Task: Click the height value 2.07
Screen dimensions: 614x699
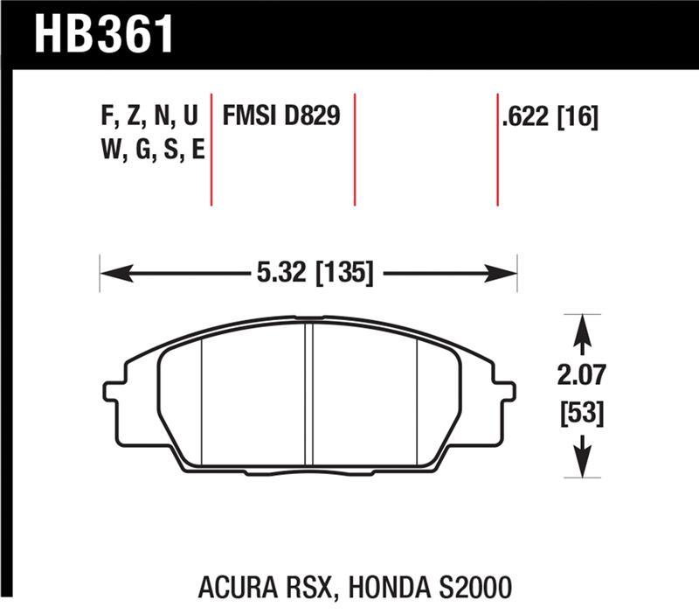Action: pyautogui.click(x=581, y=377)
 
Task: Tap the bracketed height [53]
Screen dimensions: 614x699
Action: pyautogui.click(x=581, y=412)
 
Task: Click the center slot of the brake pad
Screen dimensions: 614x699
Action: pyautogui.click(x=308, y=394)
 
